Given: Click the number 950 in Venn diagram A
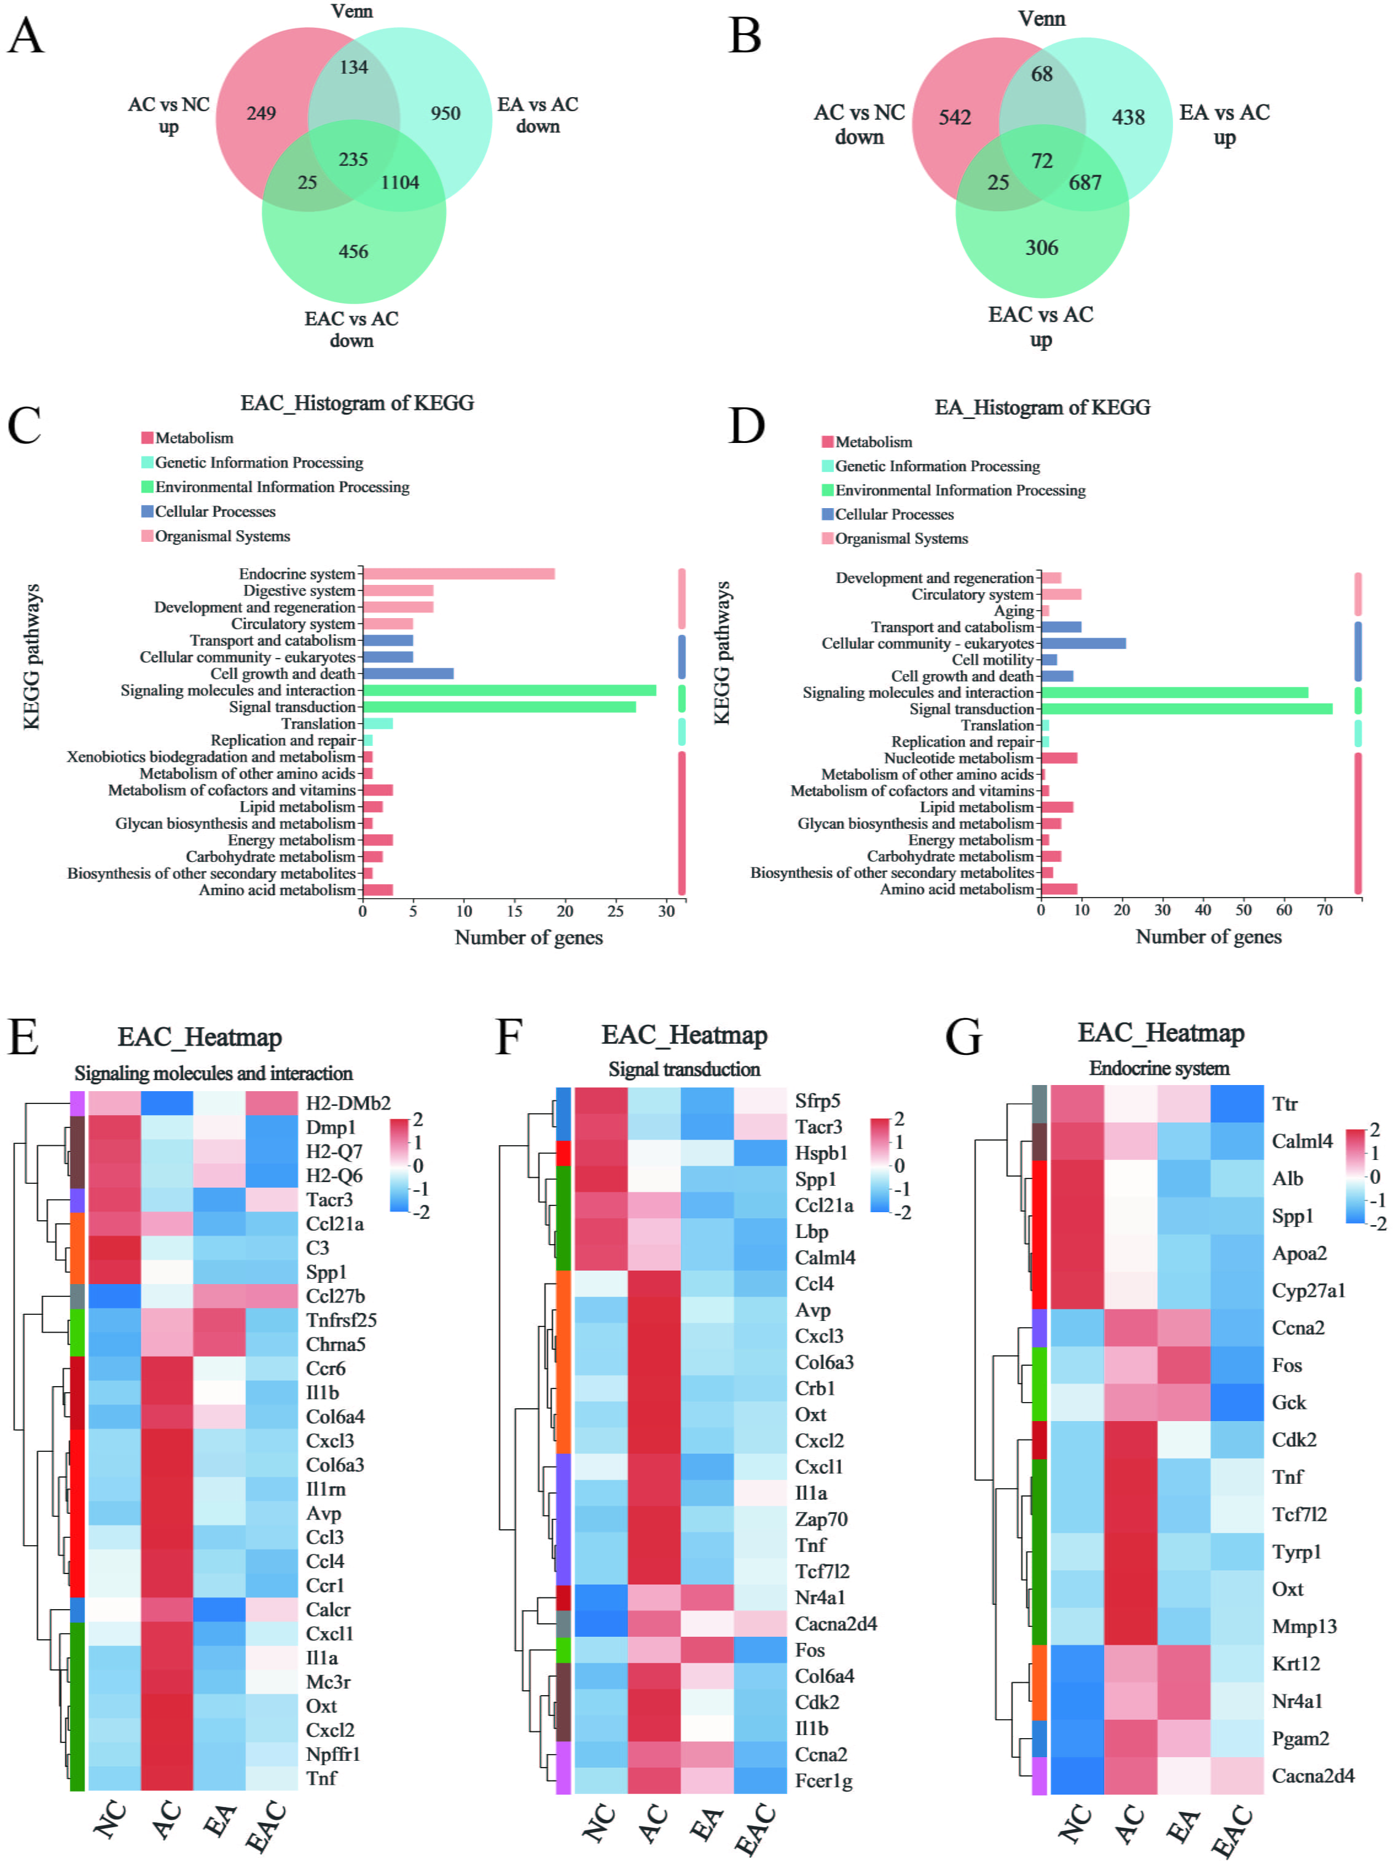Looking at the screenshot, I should click(445, 114).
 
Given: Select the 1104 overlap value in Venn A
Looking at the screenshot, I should click(399, 182).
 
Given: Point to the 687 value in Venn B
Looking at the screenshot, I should click(1085, 182).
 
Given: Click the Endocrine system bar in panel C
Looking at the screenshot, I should click(458, 574).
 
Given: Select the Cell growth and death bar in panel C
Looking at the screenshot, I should click(408, 674).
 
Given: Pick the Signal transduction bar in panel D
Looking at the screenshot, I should click(1186, 709).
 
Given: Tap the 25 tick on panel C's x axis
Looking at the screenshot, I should click(616, 911).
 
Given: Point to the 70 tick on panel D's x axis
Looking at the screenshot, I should click(1324, 911).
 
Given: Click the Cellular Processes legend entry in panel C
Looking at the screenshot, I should click(214, 512).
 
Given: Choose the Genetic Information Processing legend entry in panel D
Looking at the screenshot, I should click(936, 466).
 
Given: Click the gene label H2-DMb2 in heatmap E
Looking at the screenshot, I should click(347, 1103).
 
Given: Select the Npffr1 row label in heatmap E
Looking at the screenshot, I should click(333, 1754).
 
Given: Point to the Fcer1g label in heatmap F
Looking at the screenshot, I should click(823, 1781).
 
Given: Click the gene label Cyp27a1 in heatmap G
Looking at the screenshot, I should click(1308, 1291).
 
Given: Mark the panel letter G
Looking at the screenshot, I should click(963, 1037).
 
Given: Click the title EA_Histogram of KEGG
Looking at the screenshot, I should click(1042, 408).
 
